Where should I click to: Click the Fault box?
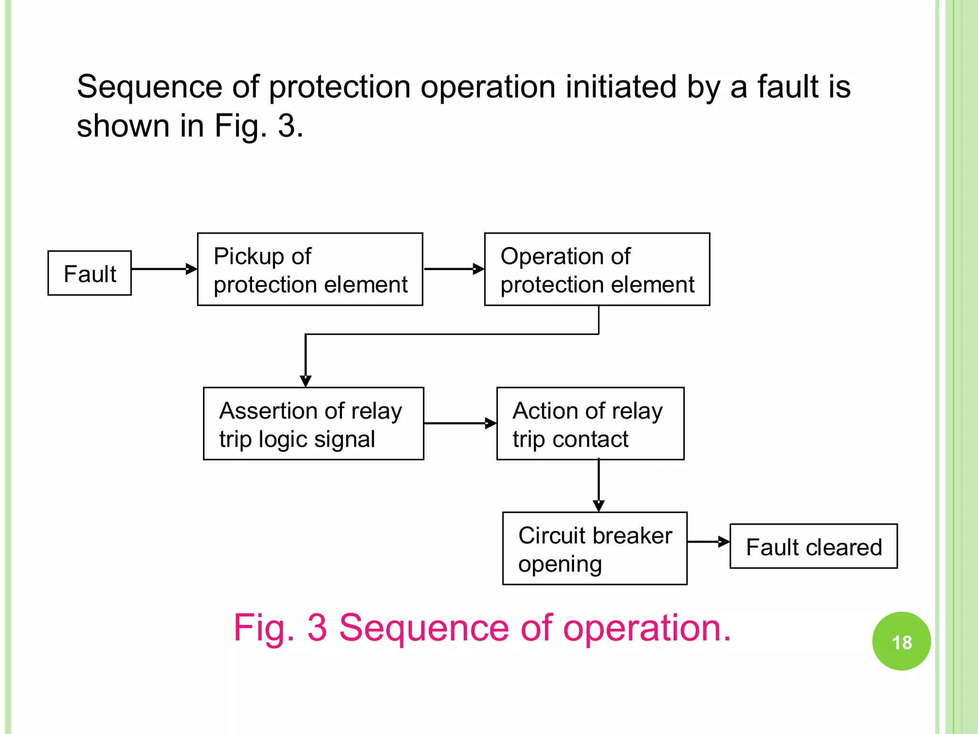90,273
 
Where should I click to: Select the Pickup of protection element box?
310,270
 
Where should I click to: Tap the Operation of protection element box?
597,270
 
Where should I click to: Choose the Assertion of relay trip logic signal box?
313,424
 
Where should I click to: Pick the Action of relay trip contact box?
590,424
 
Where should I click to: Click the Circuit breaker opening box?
595,549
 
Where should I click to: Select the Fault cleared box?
813,546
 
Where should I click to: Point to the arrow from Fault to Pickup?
164,269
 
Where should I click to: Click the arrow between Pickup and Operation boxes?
454,269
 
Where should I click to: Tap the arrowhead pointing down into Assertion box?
306,380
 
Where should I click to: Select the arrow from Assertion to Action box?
460,423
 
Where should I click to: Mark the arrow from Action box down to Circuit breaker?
599,485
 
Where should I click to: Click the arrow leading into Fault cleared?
708,542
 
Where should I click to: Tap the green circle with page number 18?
902,641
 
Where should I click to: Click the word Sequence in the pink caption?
424,627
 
